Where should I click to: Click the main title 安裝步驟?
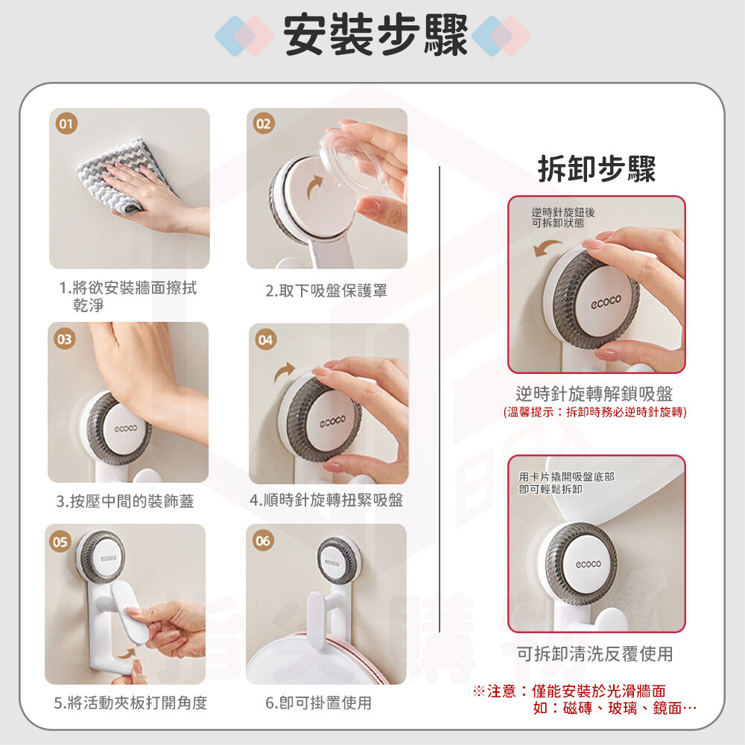[375, 35]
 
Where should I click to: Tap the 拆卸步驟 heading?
[597, 168]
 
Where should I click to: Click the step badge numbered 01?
[66, 124]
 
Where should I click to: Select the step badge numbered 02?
[264, 124]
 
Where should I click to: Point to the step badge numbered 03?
[65, 339]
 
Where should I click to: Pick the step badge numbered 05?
[60, 542]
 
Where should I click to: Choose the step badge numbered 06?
[263, 541]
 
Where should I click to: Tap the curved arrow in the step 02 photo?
[314, 187]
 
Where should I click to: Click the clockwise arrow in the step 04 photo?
[285, 371]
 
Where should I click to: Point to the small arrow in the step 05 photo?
[127, 653]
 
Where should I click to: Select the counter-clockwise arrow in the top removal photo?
[547, 247]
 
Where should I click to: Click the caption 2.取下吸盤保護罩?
[326, 291]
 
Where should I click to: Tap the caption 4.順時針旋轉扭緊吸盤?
[326, 500]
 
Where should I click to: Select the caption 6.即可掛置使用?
[318, 703]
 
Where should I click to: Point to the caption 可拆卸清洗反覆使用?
[595, 654]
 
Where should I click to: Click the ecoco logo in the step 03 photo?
[125, 428]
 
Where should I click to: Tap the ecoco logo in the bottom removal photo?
[589, 564]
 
